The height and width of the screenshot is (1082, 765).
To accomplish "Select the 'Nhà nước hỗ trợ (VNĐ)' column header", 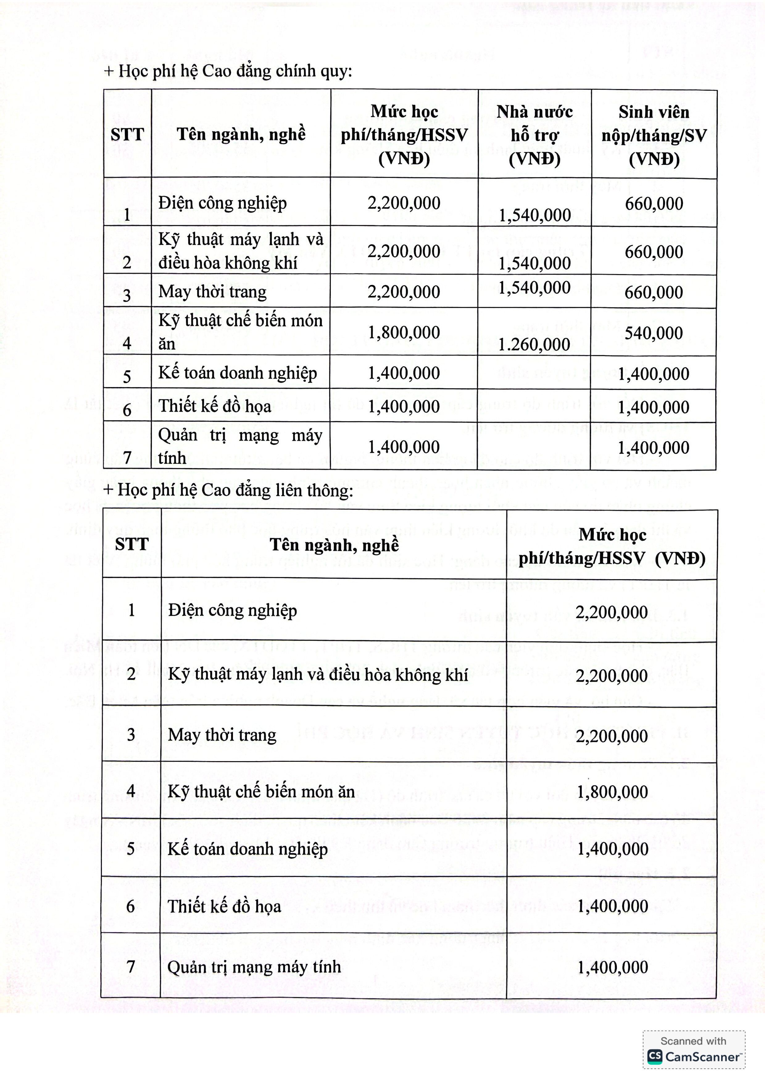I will (x=534, y=135).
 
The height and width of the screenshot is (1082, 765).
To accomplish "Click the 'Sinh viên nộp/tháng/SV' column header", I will (x=654, y=135).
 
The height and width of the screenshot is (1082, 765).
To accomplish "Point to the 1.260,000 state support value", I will (x=534, y=345).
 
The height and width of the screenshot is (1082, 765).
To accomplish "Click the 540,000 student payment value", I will (x=654, y=333).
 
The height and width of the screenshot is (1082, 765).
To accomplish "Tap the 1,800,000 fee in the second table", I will (x=612, y=792).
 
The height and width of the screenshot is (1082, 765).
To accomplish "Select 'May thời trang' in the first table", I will (x=213, y=292).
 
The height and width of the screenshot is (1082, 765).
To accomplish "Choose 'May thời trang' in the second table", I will (x=222, y=735).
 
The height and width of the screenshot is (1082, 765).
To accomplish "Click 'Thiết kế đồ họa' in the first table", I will (x=215, y=406).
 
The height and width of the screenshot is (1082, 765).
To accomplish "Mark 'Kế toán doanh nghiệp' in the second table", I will (x=247, y=849).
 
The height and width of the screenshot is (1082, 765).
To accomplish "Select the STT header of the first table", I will (x=127, y=135).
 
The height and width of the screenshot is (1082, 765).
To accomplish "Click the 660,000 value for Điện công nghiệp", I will (x=654, y=204).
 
